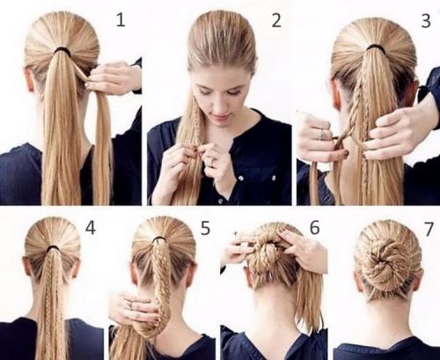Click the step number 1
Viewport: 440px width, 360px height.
(121, 20)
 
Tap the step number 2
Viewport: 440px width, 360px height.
(276, 20)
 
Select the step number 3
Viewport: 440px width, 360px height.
(426, 21)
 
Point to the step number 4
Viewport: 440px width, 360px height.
(91, 228)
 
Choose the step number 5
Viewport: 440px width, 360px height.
(205, 228)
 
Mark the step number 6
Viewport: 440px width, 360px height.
(314, 227)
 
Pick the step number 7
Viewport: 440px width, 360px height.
(429, 229)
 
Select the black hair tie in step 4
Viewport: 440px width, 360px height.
(53, 249)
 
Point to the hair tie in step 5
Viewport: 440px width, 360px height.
(158, 239)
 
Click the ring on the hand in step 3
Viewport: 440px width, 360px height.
(322, 134)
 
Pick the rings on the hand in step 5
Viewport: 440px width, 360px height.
(130, 304)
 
